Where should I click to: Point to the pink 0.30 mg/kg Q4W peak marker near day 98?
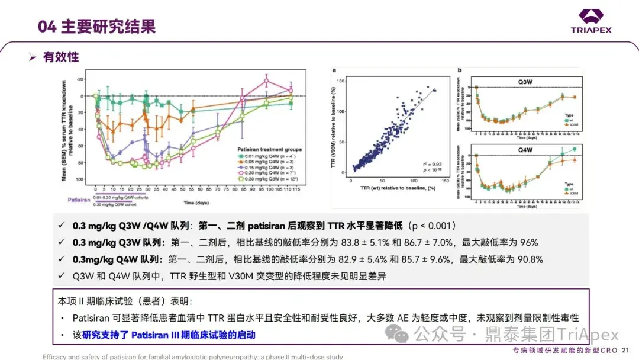click(x=267, y=81)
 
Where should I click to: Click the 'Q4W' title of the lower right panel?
click(x=524, y=150)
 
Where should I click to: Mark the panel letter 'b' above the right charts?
click(x=460, y=70)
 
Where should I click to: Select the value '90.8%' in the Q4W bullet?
click(x=531, y=259)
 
